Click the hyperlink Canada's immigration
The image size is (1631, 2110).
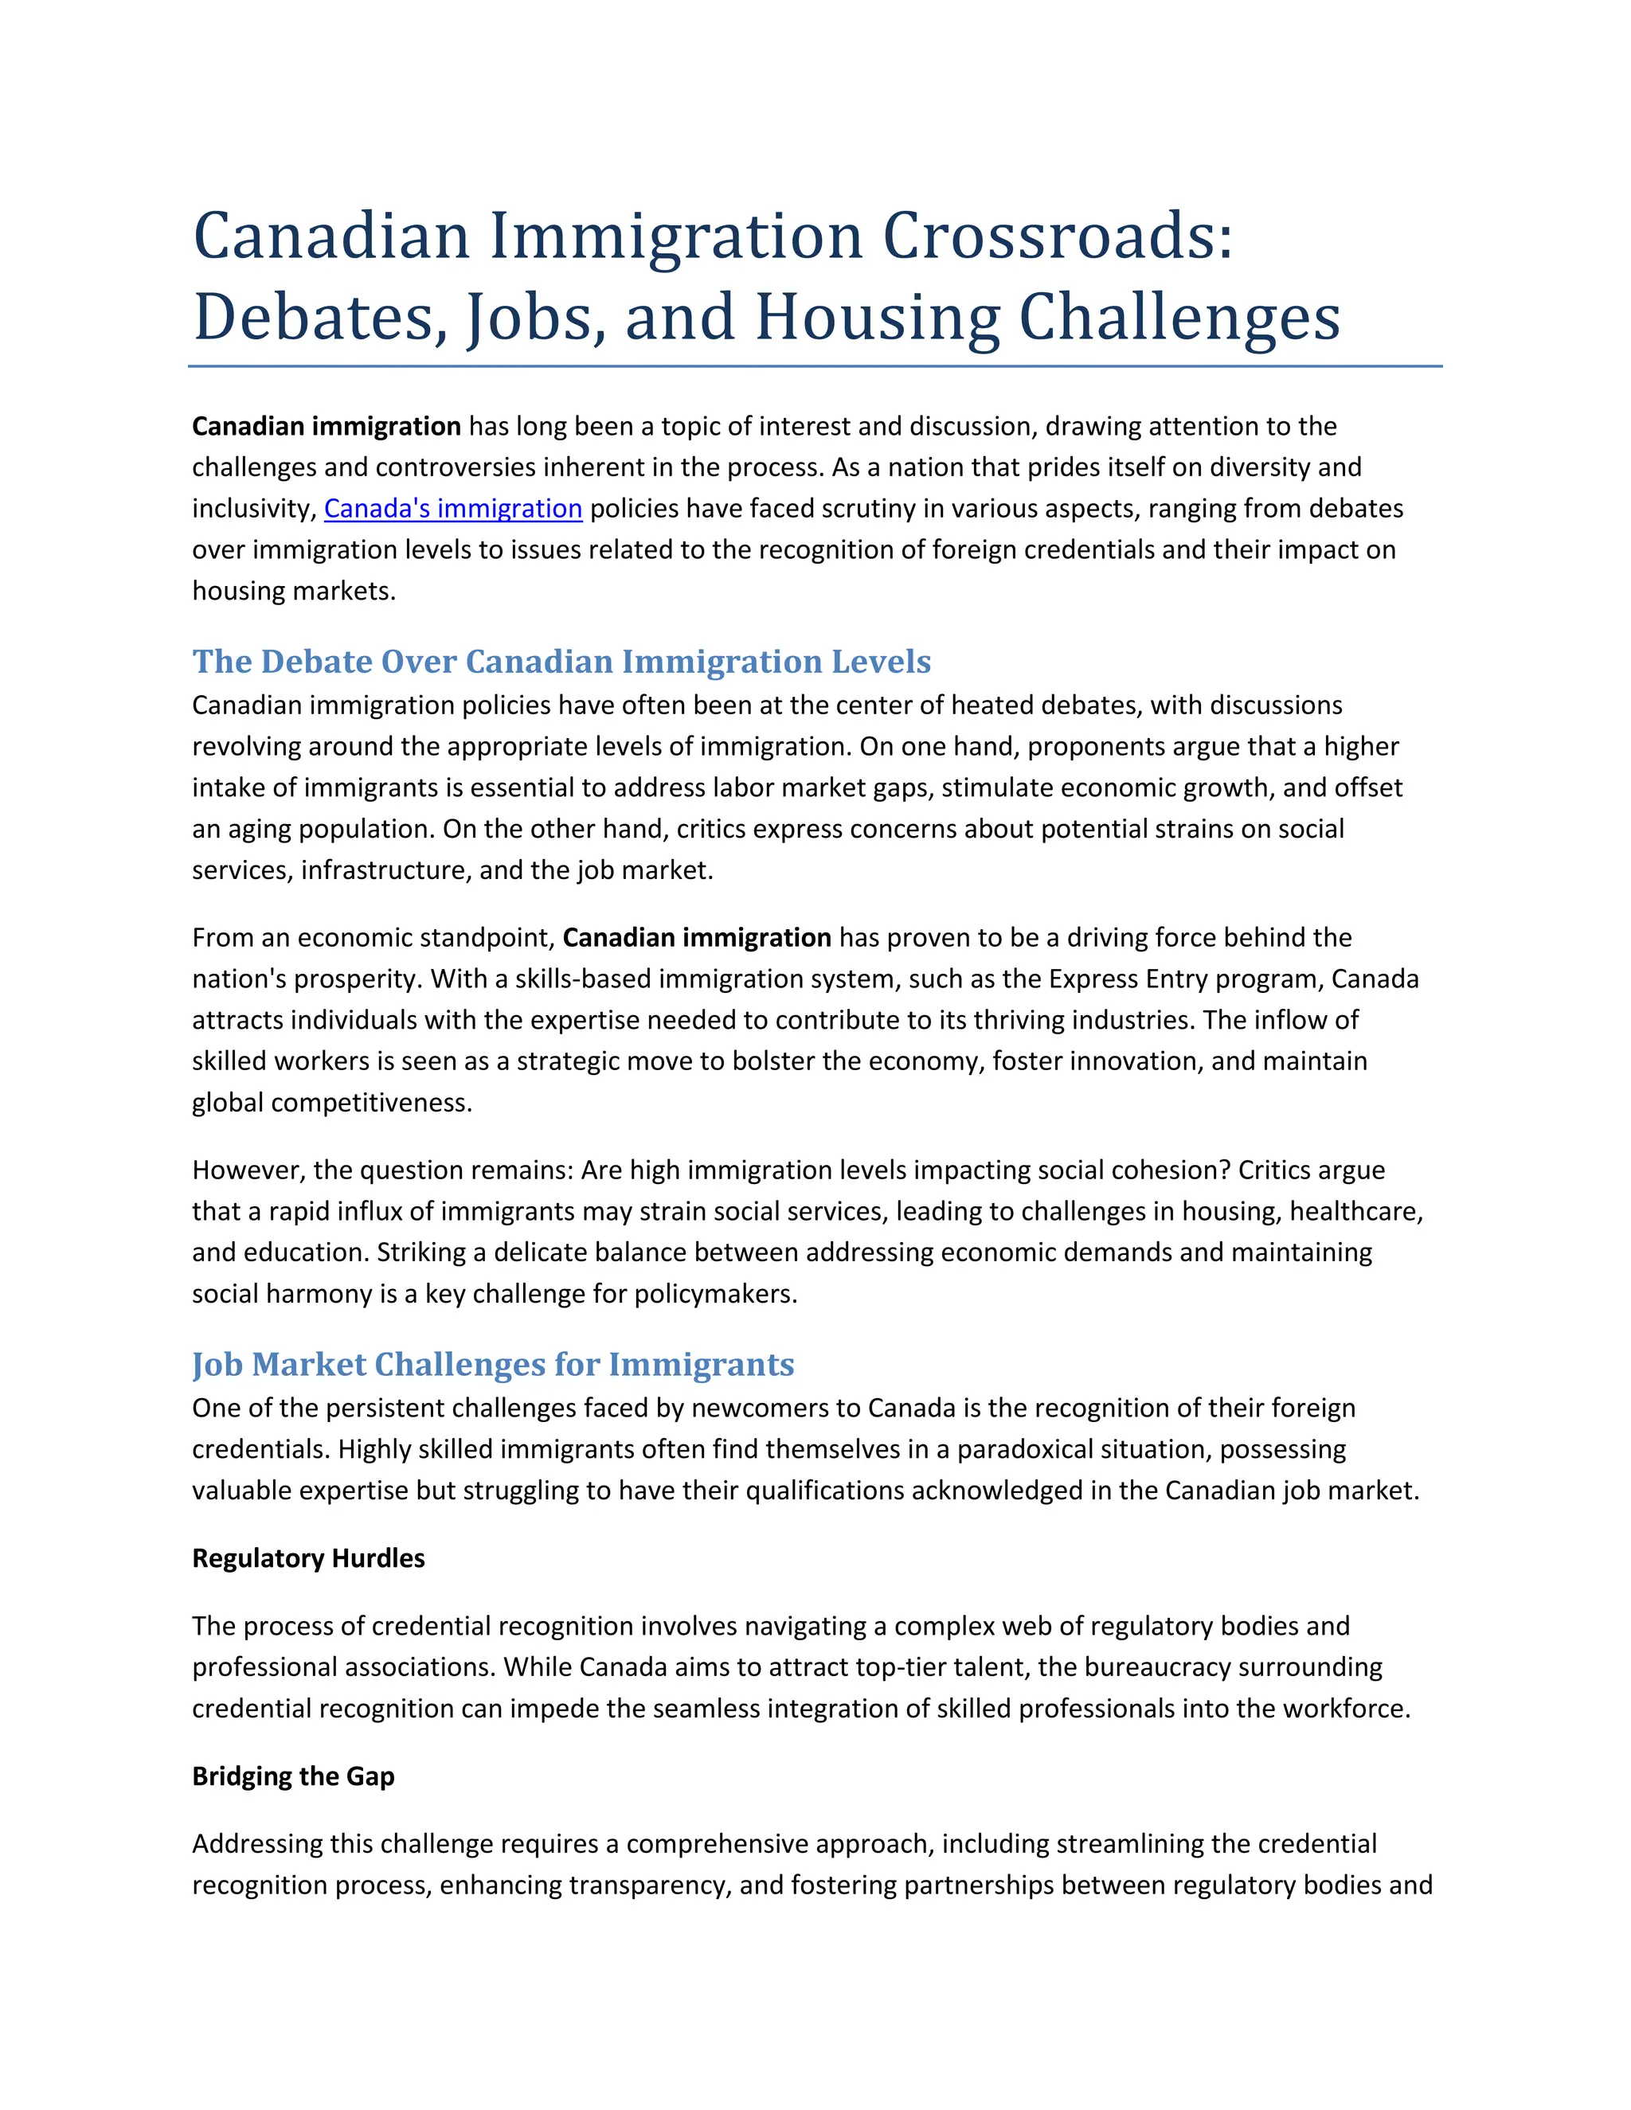(x=452, y=508)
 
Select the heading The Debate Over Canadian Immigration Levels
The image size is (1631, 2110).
(x=561, y=662)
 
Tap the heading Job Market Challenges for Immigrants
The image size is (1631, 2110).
(x=493, y=1364)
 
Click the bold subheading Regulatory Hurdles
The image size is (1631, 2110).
(x=308, y=1558)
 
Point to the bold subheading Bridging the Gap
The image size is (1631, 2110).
(x=293, y=1776)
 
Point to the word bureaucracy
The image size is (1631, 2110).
(x=1144, y=1667)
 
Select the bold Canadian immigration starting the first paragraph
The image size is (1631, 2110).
(x=326, y=426)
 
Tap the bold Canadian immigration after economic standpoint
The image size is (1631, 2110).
(x=697, y=937)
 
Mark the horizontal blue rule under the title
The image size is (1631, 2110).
(x=815, y=367)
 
